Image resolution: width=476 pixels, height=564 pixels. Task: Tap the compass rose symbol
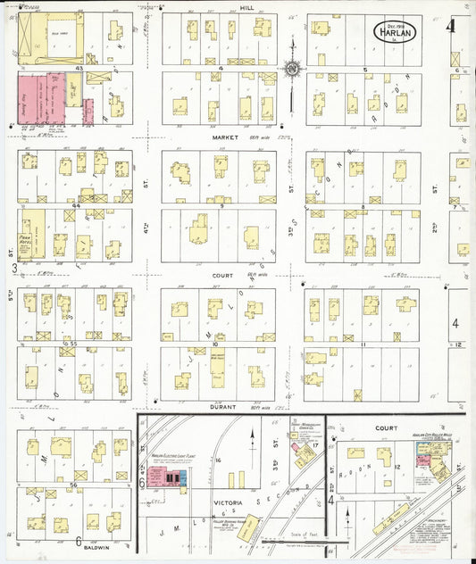(292, 68)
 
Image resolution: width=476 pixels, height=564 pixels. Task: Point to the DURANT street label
(222, 407)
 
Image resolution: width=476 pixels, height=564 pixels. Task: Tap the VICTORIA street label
(227, 502)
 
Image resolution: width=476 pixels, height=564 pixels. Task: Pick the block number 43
(79, 68)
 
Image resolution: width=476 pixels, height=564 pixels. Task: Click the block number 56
(75, 485)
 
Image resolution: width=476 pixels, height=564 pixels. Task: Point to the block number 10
(216, 343)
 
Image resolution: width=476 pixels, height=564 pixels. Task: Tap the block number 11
(361, 344)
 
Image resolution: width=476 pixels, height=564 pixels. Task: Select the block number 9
(219, 206)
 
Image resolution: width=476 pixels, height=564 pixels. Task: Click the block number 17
(315, 444)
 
